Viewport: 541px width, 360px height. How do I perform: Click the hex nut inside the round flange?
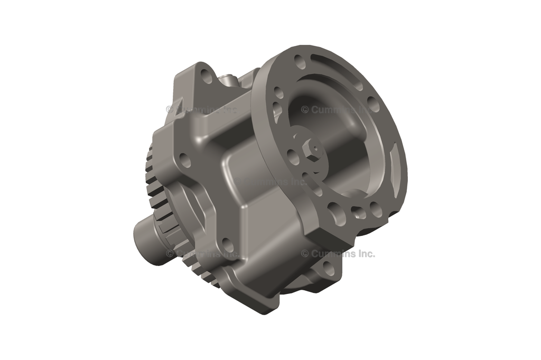point(311,150)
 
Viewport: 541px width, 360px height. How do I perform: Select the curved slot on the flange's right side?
point(395,158)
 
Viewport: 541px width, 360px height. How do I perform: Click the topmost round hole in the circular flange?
point(300,59)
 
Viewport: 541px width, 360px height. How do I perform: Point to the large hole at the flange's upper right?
point(373,104)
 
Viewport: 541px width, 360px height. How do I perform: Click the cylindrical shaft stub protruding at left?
point(145,233)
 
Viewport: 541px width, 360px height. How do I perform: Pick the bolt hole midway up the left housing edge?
point(184,158)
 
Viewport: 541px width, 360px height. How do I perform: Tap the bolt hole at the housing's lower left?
point(226,244)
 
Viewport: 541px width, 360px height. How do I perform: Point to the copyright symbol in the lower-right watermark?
point(305,254)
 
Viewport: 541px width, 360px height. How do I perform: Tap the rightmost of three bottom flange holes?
point(376,210)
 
